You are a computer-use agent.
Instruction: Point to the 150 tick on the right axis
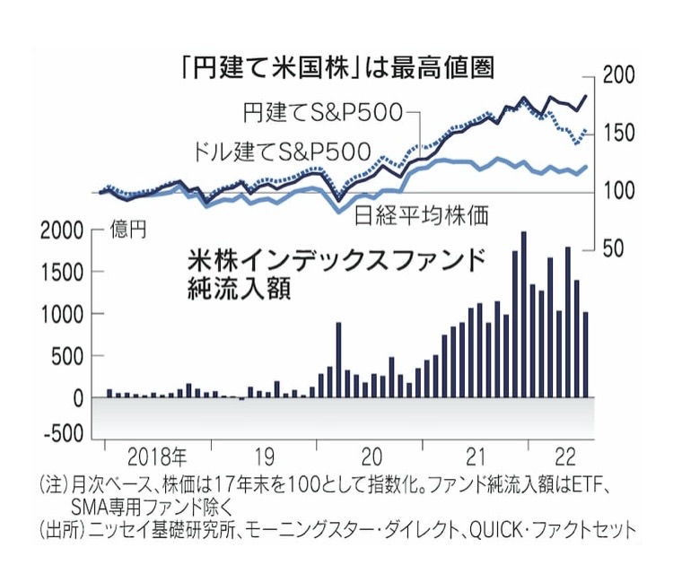pyautogui.click(x=620, y=134)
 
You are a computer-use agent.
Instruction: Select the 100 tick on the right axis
pyautogui.click(x=620, y=191)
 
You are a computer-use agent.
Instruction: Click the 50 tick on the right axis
pyautogui.click(x=616, y=248)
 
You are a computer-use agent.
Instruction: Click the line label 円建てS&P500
pyautogui.click(x=322, y=114)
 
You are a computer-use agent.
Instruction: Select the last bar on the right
pyautogui.click(x=585, y=354)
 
